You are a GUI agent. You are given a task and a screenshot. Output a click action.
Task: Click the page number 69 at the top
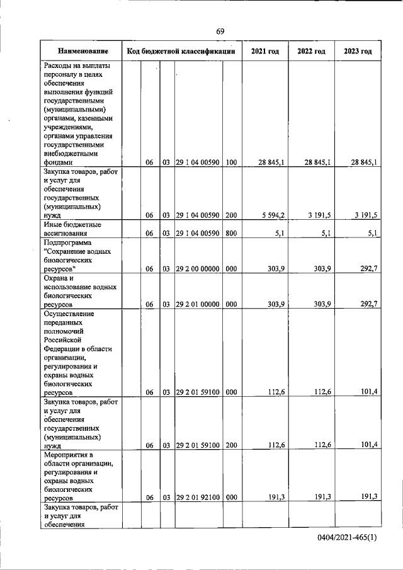click(x=220, y=31)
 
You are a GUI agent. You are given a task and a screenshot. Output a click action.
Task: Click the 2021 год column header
click(x=264, y=51)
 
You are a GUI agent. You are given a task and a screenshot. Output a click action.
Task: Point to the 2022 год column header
click(x=310, y=51)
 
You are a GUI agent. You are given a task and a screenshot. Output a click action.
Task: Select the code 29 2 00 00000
click(x=198, y=269)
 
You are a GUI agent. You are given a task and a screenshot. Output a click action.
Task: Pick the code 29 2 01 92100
click(x=198, y=497)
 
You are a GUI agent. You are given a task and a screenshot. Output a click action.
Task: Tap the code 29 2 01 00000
click(x=198, y=304)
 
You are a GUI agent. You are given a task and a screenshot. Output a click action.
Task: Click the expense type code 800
click(x=231, y=233)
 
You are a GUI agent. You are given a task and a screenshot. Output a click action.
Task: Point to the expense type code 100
click(x=231, y=162)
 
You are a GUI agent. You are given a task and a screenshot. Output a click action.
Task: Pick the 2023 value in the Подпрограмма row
click(x=366, y=269)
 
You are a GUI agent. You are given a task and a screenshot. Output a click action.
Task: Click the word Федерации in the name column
click(x=65, y=348)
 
